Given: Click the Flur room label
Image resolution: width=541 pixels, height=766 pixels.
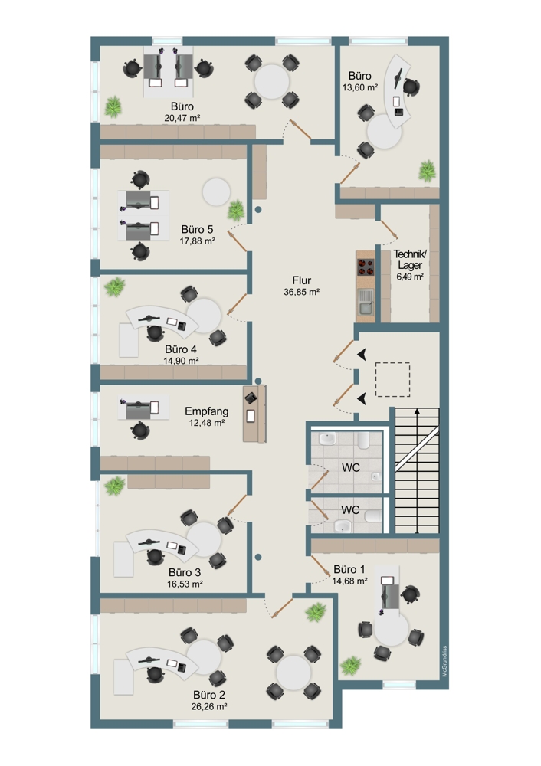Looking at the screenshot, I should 301,280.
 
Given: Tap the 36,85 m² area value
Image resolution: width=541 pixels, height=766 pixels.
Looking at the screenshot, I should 301,292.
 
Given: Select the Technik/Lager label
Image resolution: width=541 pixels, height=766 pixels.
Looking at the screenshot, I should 408,260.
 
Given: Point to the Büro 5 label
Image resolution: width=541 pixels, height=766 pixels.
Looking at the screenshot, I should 197,229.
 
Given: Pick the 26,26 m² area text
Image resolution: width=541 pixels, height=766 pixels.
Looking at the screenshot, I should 209,707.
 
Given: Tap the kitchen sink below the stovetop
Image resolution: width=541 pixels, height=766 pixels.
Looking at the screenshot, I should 366,300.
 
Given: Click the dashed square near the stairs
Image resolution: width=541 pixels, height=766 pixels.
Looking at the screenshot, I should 392,380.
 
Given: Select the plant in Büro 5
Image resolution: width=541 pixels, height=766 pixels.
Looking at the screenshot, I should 236,208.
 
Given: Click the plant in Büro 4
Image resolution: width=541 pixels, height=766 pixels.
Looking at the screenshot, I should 115,288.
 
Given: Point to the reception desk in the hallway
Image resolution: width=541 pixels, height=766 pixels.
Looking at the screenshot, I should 254,414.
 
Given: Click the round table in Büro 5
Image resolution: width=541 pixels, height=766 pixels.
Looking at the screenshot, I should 215,190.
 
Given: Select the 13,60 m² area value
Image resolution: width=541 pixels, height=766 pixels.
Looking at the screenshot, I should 359,88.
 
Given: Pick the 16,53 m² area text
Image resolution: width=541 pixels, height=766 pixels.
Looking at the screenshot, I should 185,584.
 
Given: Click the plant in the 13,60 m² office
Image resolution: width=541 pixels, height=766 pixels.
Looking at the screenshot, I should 427,170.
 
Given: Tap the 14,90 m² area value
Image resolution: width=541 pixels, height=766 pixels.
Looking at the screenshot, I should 182,360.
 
